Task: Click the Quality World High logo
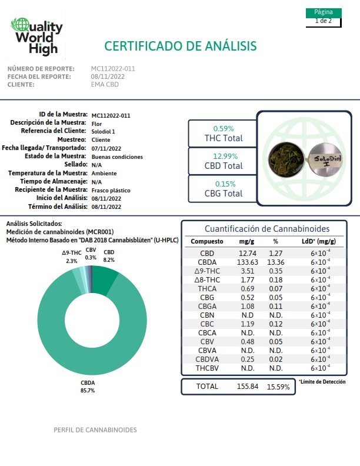click(37, 36)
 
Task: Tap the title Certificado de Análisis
click(181, 46)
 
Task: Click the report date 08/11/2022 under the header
click(108, 76)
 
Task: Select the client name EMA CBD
click(105, 84)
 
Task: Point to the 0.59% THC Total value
click(224, 129)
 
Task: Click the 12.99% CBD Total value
click(225, 157)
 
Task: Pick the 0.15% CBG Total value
click(225, 184)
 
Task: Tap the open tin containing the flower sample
click(286, 158)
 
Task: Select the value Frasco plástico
click(111, 190)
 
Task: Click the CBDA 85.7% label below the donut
click(88, 387)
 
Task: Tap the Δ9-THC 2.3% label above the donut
click(72, 257)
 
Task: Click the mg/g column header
click(246, 241)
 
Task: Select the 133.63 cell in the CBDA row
click(248, 262)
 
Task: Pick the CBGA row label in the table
click(207, 307)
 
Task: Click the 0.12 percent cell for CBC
click(276, 324)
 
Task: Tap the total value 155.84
click(248, 387)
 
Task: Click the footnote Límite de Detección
click(322, 382)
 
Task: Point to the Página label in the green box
click(324, 12)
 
